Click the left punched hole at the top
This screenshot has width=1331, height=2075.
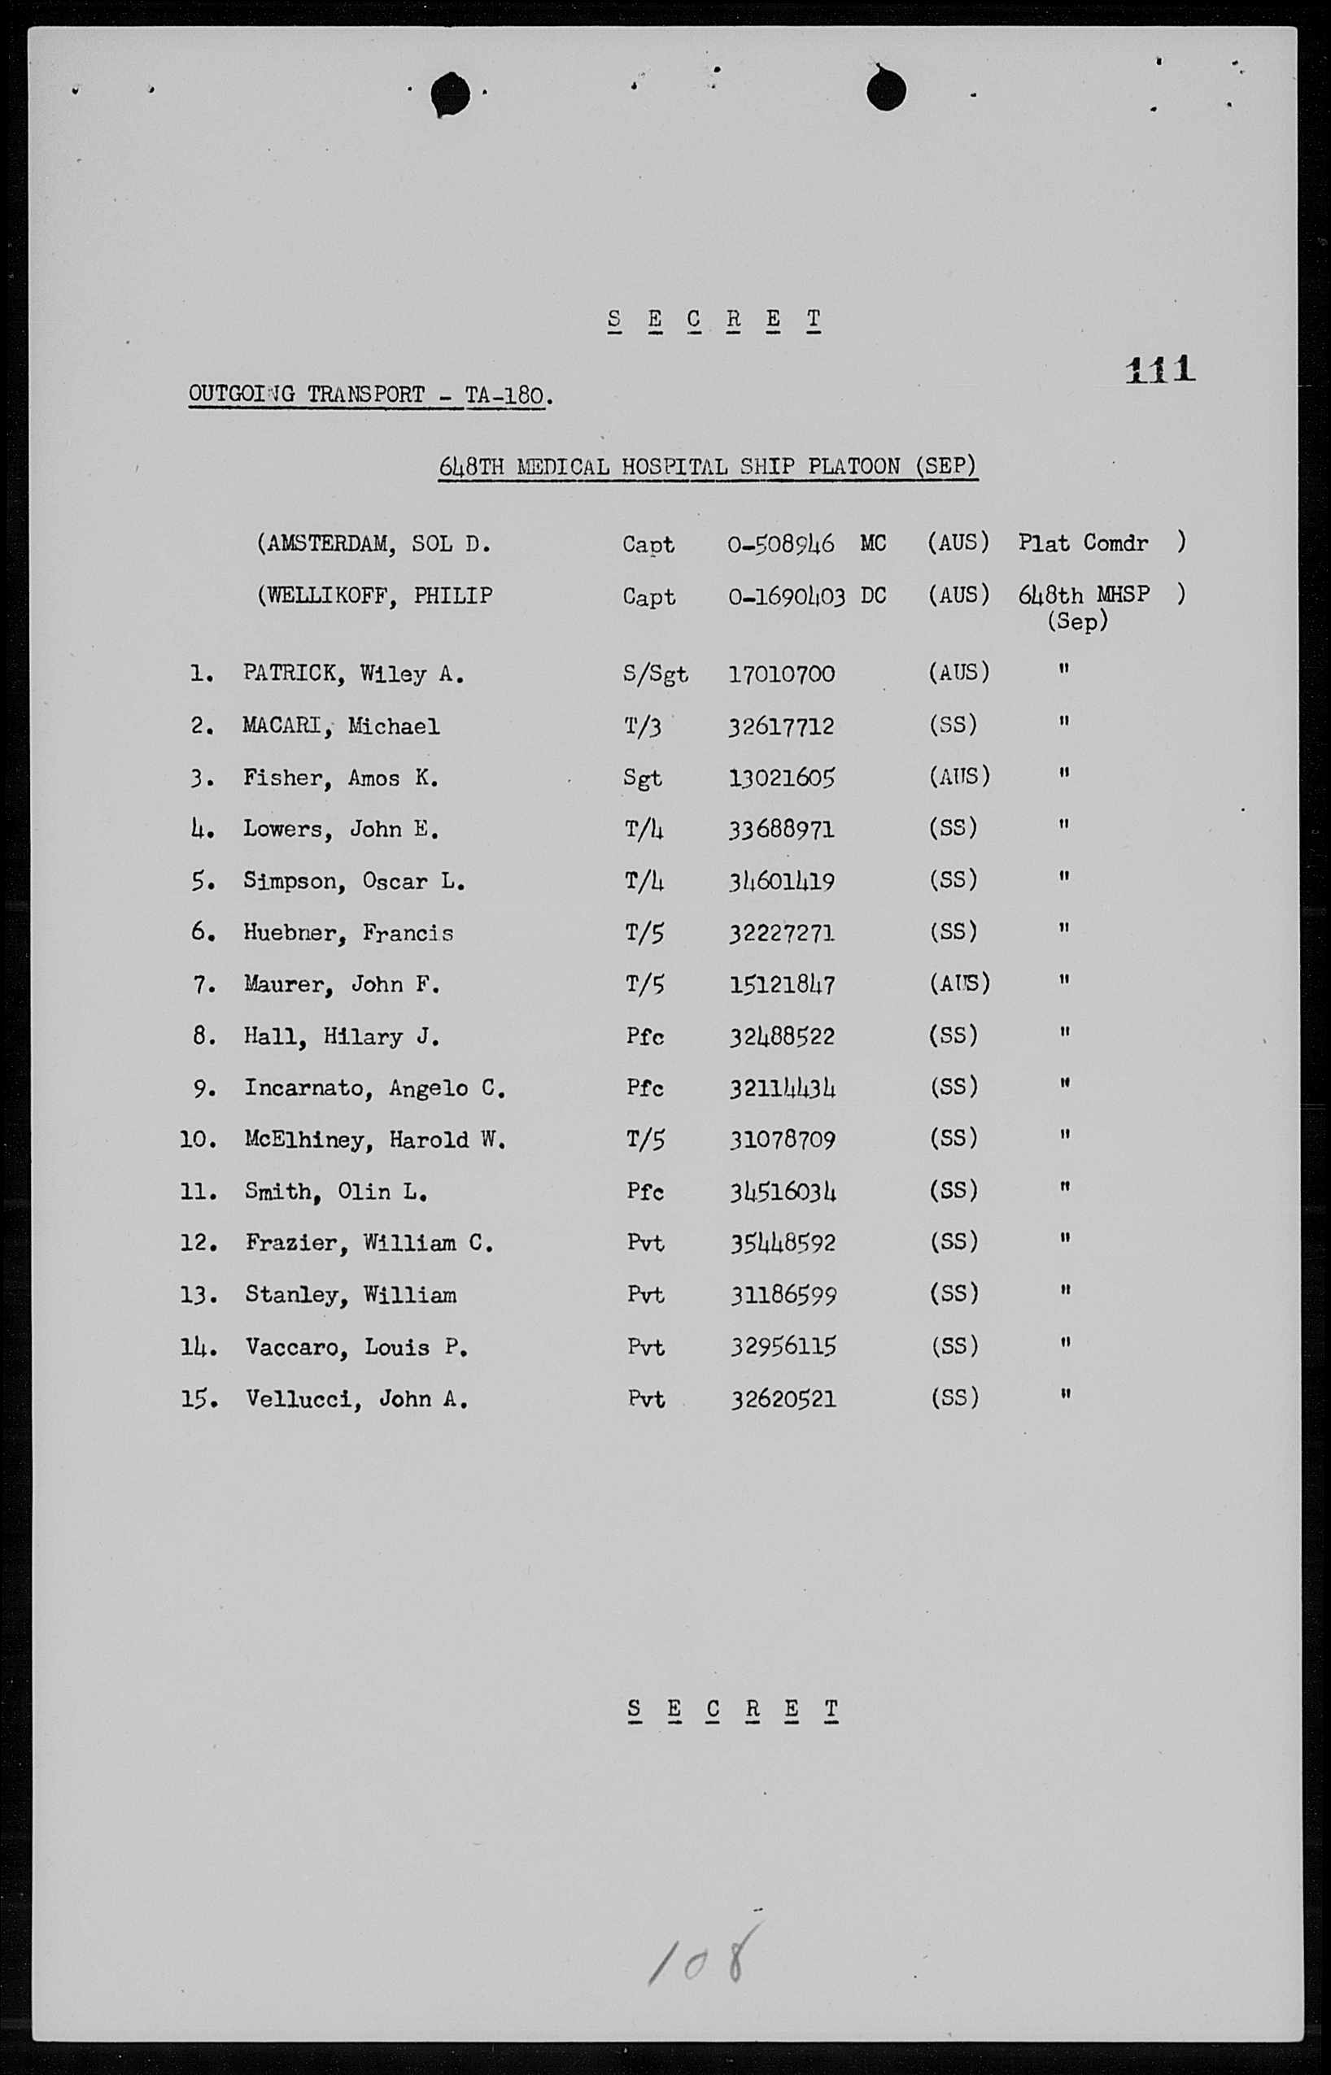[x=450, y=94]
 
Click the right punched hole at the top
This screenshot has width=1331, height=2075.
[x=885, y=89]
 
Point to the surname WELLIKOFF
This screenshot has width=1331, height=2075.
[x=329, y=596]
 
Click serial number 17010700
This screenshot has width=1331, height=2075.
[x=781, y=674]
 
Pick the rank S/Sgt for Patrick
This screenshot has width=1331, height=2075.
[x=654, y=674]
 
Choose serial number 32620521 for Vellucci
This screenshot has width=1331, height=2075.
[x=783, y=1398]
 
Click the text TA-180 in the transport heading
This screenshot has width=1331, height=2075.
[x=504, y=395]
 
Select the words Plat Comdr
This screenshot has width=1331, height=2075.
[x=1082, y=543]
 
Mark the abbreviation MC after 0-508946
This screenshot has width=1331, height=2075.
[x=873, y=543]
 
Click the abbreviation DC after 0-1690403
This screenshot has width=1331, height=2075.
[x=873, y=595]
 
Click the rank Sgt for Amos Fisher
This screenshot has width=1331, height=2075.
[x=642, y=778]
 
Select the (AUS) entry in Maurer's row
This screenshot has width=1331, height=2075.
[x=958, y=983]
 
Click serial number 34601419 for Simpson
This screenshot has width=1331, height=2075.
[x=781, y=881]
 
